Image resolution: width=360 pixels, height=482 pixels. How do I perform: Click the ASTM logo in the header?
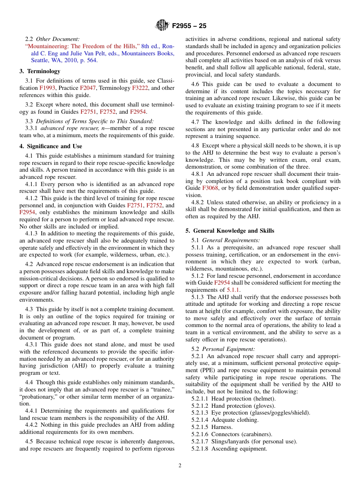[x=162, y=26]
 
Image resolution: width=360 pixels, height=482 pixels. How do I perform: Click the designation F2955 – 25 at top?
[x=189, y=26]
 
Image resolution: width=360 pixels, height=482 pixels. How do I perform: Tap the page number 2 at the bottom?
[x=180, y=466]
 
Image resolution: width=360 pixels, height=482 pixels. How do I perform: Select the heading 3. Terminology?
[x=40, y=71]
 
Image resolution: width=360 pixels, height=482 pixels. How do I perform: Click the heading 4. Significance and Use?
[x=51, y=146]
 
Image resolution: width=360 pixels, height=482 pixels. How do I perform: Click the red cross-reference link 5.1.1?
[x=233, y=290]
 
